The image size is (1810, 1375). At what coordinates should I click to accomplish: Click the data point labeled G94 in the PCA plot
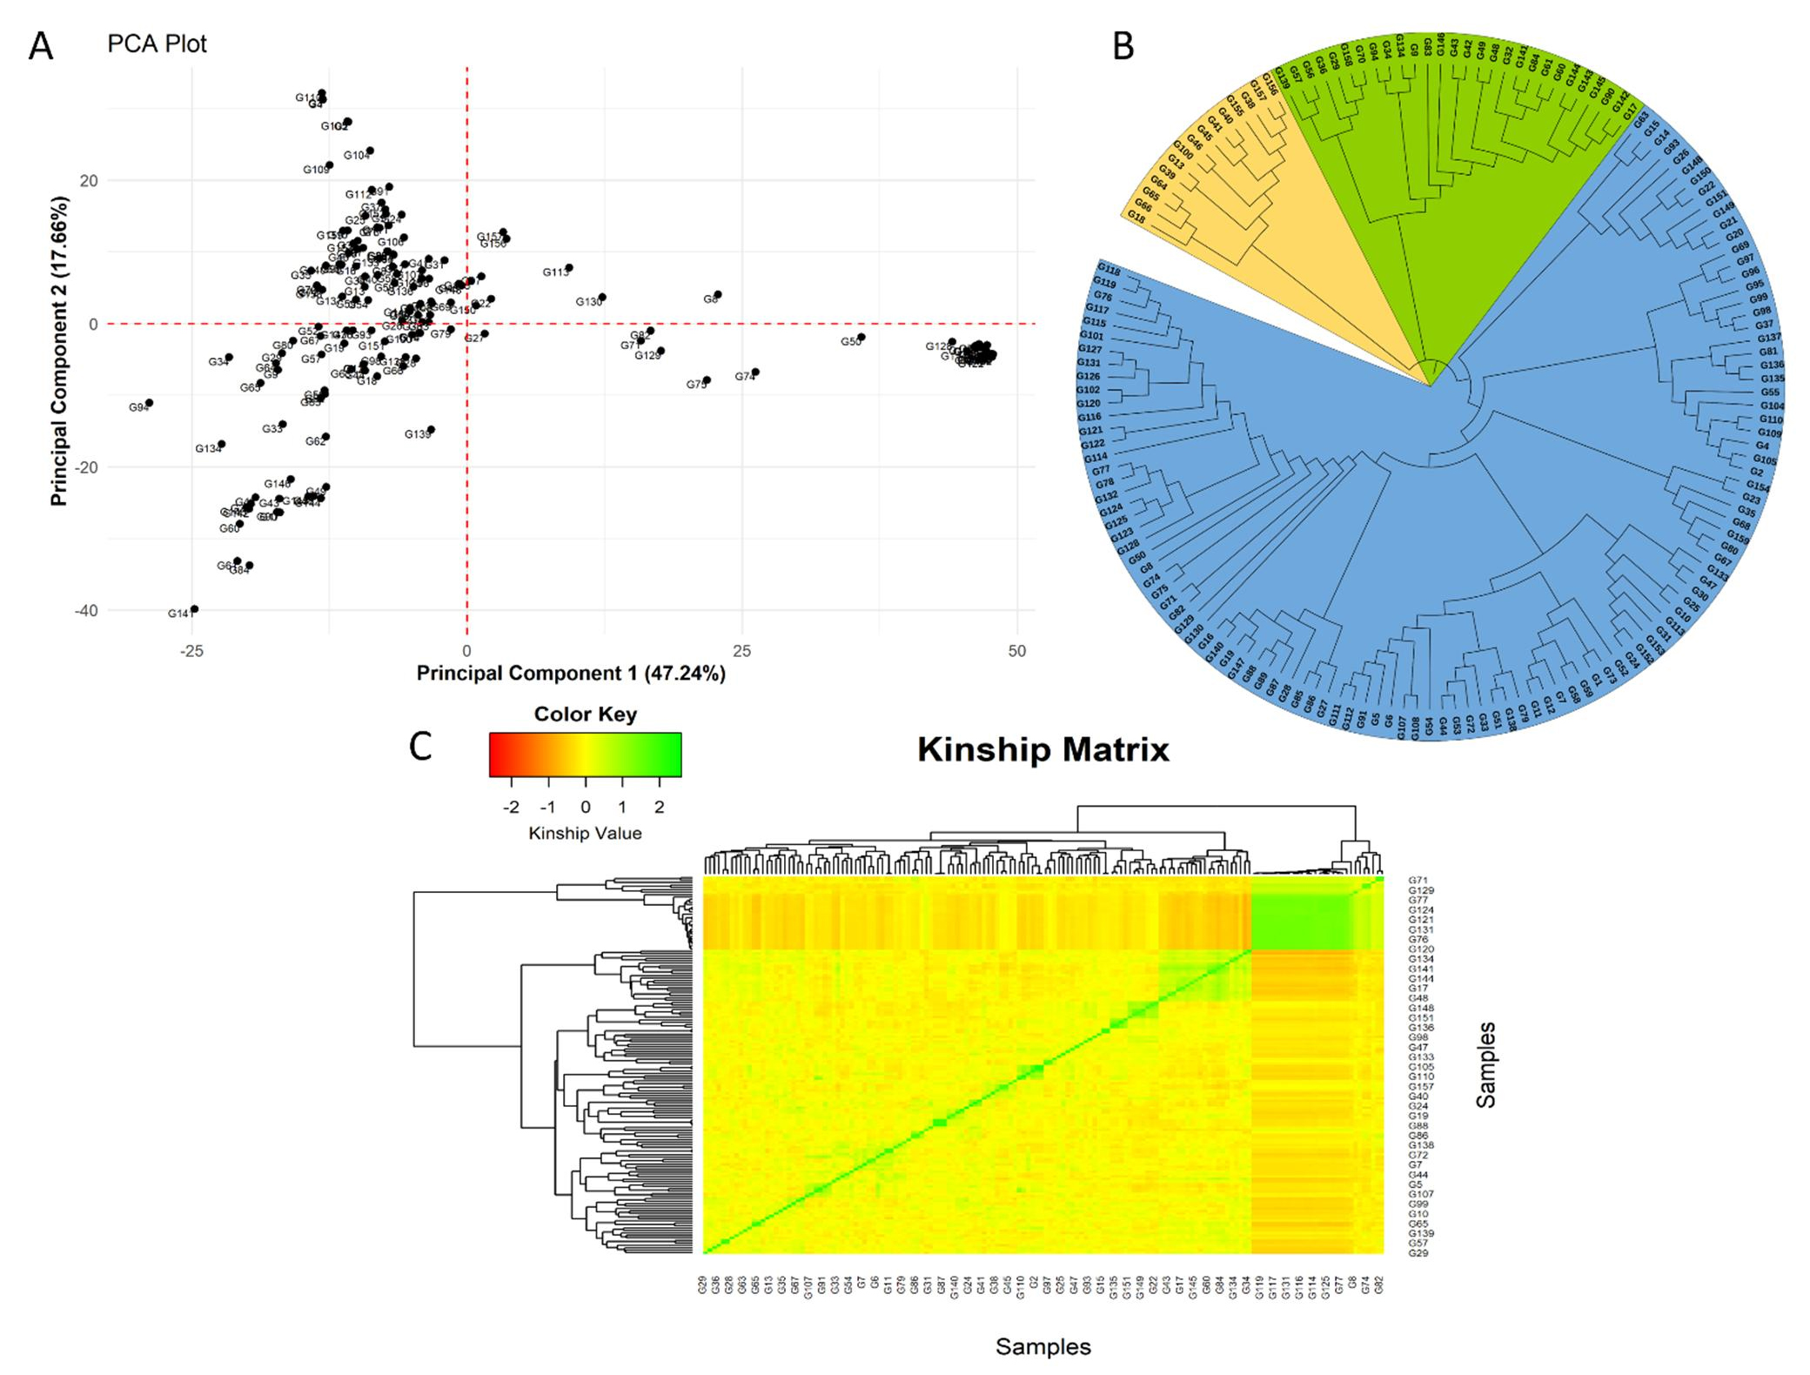tap(150, 403)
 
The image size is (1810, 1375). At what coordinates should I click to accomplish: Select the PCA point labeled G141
tap(194, 609)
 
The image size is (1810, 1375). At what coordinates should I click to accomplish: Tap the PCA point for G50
tap(861, 337)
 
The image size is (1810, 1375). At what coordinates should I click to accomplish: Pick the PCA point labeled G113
tap(569, 268)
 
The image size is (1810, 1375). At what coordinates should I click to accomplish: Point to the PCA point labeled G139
tap(431, 430)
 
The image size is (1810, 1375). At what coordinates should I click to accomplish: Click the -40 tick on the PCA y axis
tap(86, 611)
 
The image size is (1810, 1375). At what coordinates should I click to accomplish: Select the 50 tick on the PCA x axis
tap(1016, 651)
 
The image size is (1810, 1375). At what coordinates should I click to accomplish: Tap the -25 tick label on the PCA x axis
tap(191, 651)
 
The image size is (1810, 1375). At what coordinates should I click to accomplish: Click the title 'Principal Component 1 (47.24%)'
tap(571, 674)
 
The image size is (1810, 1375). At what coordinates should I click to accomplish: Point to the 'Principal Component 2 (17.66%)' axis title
tap(58, 351)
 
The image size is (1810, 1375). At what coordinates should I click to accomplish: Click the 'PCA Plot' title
tap(157, 44)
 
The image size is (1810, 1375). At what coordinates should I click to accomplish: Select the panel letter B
tap(1123, 46)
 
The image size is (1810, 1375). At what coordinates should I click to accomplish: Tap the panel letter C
tap(420, 747)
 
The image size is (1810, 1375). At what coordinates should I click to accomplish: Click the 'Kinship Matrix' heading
tap(1042, 749)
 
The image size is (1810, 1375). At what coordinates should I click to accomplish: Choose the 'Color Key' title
tap(585, 714)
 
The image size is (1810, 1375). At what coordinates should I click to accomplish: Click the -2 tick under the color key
tap(511, 808)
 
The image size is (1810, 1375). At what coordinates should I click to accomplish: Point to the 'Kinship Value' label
tap(585, 834)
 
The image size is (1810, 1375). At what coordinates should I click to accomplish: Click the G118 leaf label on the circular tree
tap(1108, 269)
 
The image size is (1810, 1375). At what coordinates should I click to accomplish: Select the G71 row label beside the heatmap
tap(1418, 881)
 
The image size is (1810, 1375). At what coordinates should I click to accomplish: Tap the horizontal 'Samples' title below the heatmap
tap(1042, 1347)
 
